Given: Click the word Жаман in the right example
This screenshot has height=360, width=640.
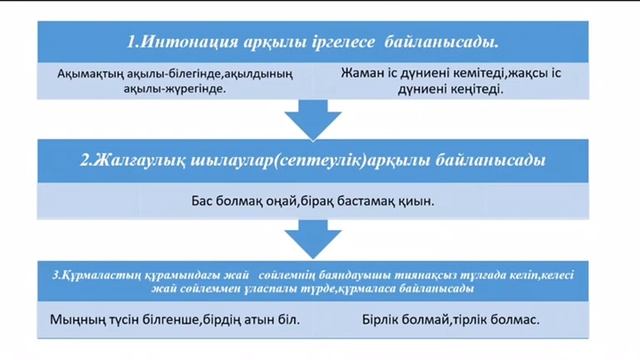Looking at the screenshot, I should (362, 73).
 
